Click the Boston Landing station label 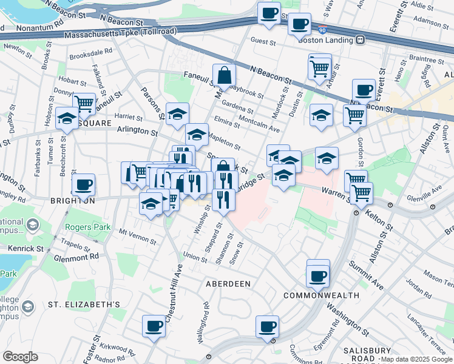pyautogui.click(x=325, y=40)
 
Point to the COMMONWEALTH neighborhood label pyautogui.click(x=321, y=295)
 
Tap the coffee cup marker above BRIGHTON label pyautogui.click(x=83, y=184)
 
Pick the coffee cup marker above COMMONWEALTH pyautogui.click(x=317, y=277)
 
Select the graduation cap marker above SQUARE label pyautogui.click(x=67, y=118)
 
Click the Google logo pyautogui.click(x=20, y=356)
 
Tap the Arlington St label pyautogui.click(x=137, y=130)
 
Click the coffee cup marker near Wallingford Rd pyautogui.click(x=154, y=326)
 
